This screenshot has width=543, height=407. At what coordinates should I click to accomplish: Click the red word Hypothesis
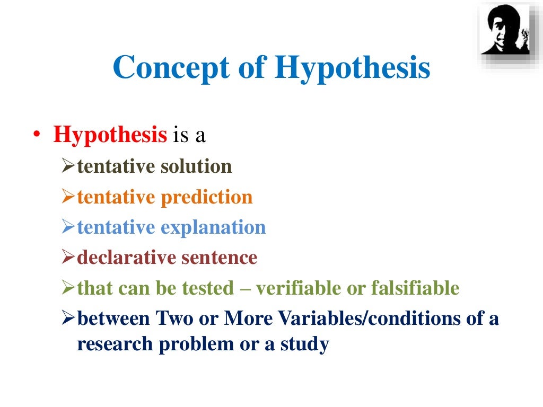pyautogui.click(x=110, y=135)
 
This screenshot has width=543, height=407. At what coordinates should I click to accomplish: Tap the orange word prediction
pyautogui.click(x=207, y=197)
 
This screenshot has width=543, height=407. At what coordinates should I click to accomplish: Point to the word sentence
pyautogui.click(x=220, y=258)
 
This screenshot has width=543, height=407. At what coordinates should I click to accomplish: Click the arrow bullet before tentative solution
pyautogui.click(x=69, y=167)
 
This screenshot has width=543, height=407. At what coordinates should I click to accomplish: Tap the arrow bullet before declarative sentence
pyautogui.click(x=69, y=259)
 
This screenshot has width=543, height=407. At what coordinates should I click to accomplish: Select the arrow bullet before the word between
pyautogui.click(x=69, y=320)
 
